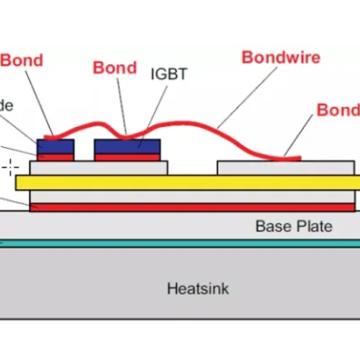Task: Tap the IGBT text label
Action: point(168,73)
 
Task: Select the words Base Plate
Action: point(293,226)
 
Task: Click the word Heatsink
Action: point(199,289)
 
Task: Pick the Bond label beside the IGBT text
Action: point(115,68)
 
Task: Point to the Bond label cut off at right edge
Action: point(337,111)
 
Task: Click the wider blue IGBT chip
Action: point(127,146)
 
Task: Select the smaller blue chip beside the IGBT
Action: point(54,146)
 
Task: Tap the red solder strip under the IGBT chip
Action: point(127,157)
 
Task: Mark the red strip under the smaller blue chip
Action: point(54,157)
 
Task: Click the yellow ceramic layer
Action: point(181,183)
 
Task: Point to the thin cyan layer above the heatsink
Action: point(181,243)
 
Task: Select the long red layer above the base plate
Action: point(181,207)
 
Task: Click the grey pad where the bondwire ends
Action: point(285,168)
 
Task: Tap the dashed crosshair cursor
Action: point(11,166)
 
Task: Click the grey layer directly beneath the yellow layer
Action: point(181,196)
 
